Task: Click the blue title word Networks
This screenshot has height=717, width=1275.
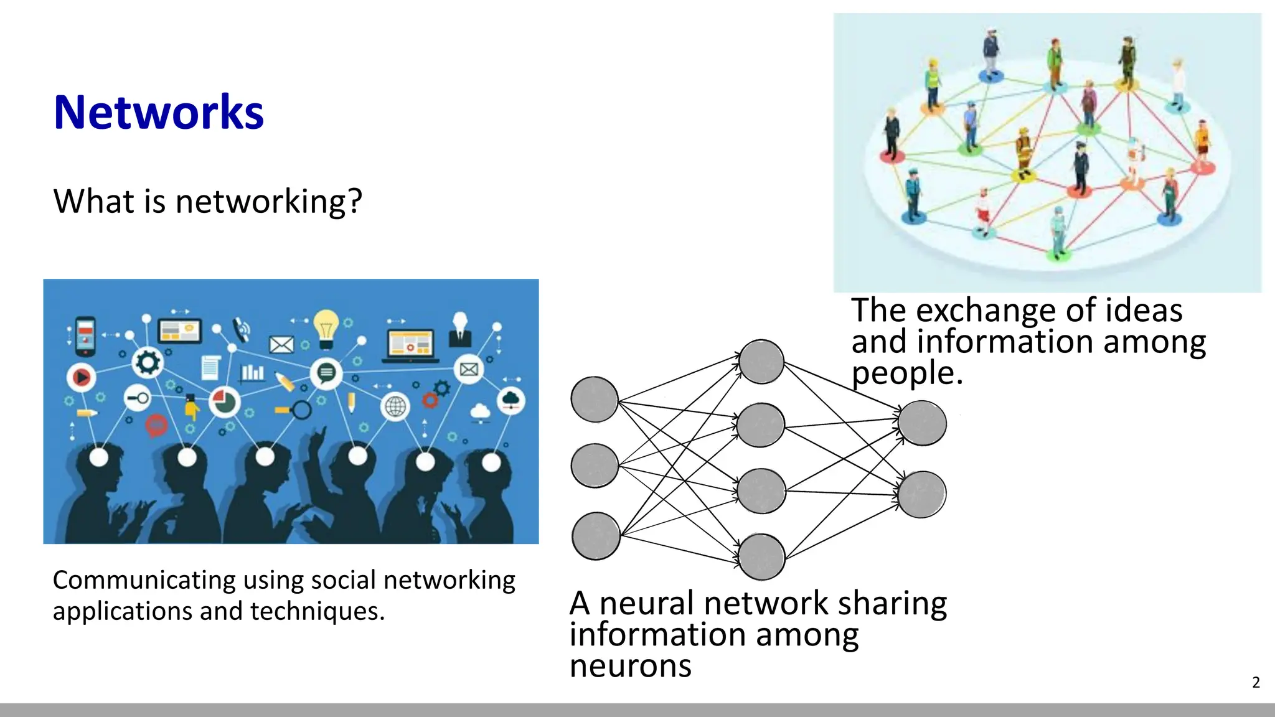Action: pyautogui.click(x=159, y=113)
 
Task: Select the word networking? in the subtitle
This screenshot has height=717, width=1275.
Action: pyautogui.click(x=268, y=202)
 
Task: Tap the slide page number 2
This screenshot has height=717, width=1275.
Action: pyautogui.click(x=1256, y=683)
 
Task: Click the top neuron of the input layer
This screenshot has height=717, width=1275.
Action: pyautogui.click(x=595, y=400)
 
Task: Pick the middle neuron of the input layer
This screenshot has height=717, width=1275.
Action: pyautogui.click(x=595, y=466)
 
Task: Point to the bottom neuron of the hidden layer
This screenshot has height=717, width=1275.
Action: pyautogui.click(x=761, y=556)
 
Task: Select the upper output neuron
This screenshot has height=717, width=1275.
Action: pyautogui.click(x=922, y=423)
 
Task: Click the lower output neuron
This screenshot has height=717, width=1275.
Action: pyautogui.click(x=922, y=494)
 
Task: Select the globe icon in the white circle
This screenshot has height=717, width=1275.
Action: pyautogui.click(x=395, y=407)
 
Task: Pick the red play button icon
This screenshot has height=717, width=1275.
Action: pyautogui.click(x=82, y=377)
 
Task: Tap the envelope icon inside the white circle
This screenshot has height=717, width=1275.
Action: pyautogui.click(x=469, y=370)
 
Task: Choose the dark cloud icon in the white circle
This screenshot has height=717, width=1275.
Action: pyautogui.click(x=511, y=400)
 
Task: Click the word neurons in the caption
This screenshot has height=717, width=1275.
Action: pyautogui.click(x=630, y=666)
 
